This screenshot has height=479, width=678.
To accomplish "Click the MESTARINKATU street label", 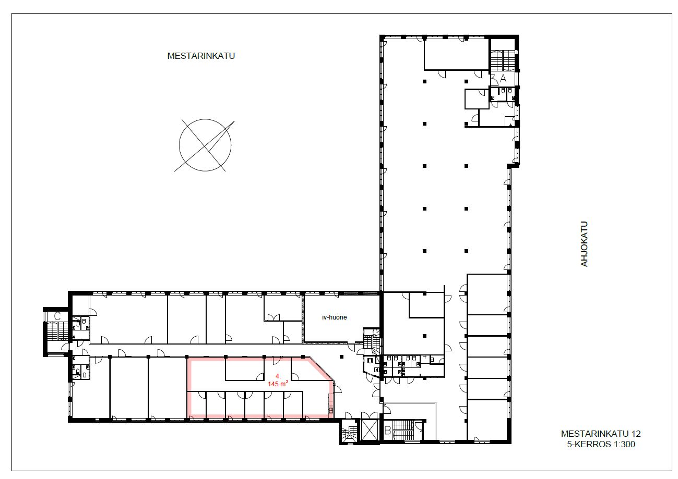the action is coord(201,56).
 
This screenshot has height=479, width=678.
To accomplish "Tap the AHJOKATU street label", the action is coord(584,244).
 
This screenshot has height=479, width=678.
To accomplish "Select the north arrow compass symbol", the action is coord(205,145).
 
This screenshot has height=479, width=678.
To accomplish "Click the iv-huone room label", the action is coord(334,317).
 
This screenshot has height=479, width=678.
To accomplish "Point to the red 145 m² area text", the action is coord(278,384).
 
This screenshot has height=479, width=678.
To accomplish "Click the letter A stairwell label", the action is coord(503,78).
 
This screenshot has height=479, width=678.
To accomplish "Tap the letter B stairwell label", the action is coord(387,431).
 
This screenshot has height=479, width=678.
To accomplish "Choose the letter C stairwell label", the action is coord(57,316).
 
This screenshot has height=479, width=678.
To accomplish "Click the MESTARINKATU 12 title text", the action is coord(601,434).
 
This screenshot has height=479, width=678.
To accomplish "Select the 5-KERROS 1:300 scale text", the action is coord(601,444).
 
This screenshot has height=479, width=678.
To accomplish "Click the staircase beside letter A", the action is coord(503,61).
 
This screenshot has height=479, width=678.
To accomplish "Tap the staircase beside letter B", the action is coord(403,430).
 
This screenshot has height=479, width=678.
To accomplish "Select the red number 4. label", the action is coord(278,376).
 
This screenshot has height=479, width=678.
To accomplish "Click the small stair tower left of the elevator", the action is coord(349,432).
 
